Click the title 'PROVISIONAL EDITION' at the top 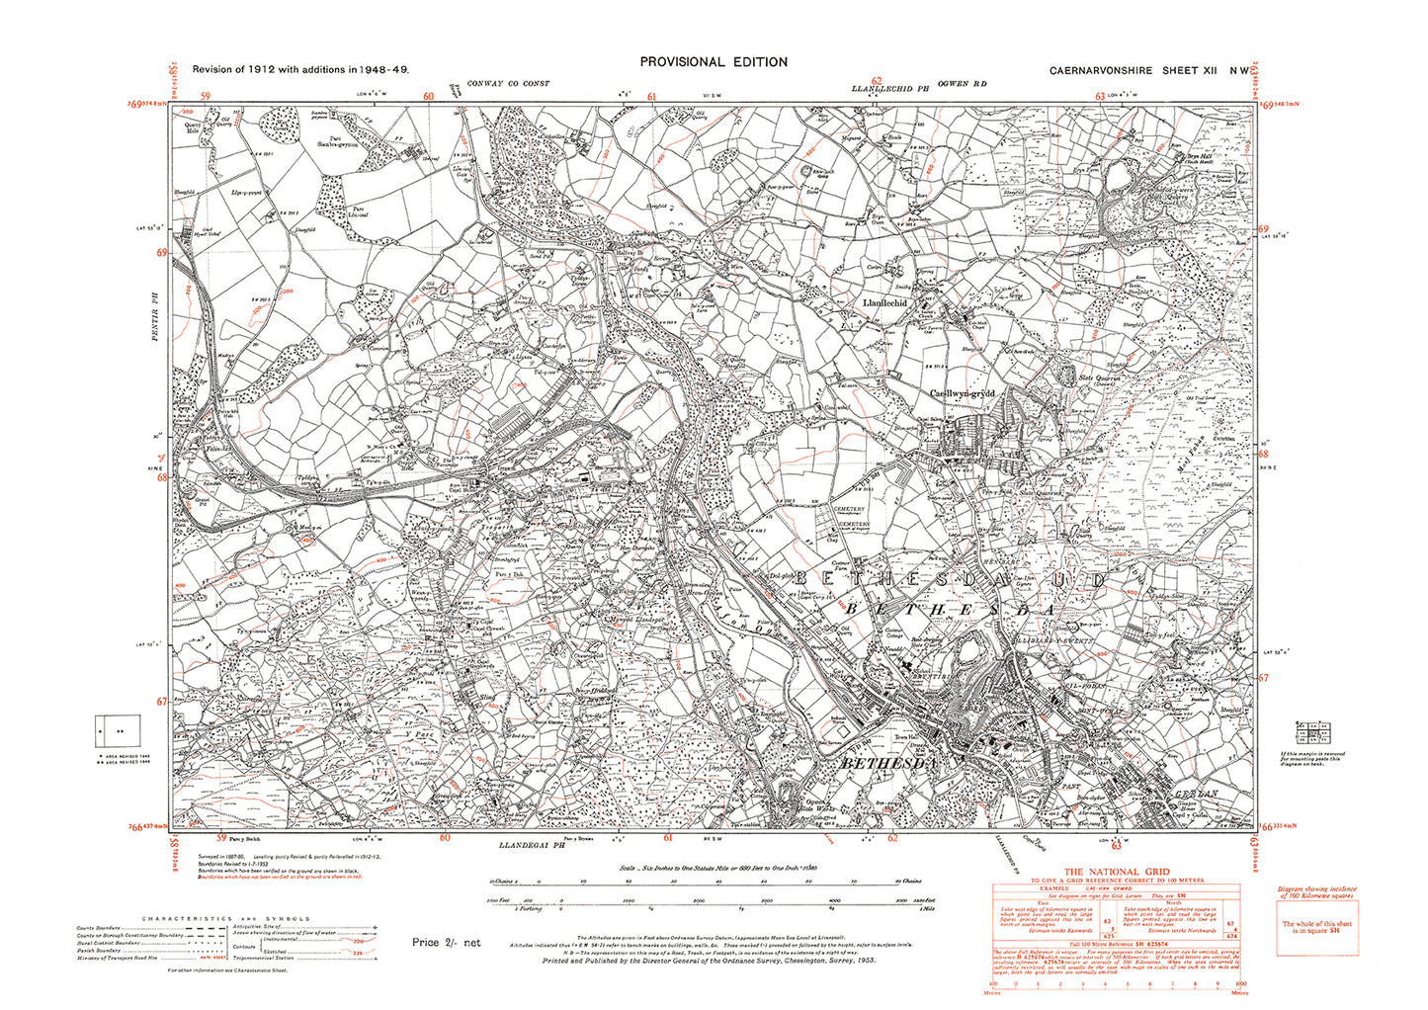pos(714,61)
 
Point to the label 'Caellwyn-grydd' pos(966,392)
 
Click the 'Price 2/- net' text pos(446,943)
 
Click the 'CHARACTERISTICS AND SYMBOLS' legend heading pos(227,918)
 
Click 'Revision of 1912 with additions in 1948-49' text pos(300,69)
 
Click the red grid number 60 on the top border pos(429,96)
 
